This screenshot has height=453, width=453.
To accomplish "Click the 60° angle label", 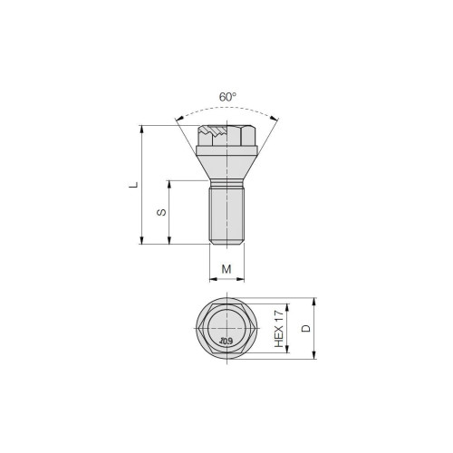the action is click(x=227, y=97).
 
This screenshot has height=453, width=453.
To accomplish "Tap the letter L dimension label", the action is click(x=133, y=185).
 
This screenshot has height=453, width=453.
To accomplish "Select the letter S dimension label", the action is click(x=161, y=212).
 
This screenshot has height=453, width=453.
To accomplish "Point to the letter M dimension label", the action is click(x=226, y=269).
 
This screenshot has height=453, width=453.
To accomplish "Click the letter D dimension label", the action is click(x=306, y=328).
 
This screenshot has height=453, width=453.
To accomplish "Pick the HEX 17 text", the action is click(x=279, y=329).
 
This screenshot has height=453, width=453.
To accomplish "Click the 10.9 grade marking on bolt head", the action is click(x=226, y=342).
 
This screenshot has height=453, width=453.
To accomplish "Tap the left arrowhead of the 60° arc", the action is click(x=178, y=120).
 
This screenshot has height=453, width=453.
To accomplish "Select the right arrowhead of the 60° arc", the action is click(x=275, y=119).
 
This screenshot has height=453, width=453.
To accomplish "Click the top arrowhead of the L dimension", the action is click(x=141, y=129).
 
